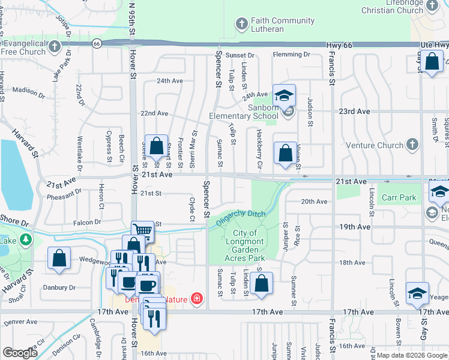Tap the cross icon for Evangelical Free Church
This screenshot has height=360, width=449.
point(55,46)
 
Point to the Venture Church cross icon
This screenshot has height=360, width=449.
point(412,145)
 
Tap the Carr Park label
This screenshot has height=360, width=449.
point(399,197)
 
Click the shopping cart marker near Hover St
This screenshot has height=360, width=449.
point(143,230)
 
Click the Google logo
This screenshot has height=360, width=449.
point(20,353)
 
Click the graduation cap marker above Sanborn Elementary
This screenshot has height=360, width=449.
point(284,95)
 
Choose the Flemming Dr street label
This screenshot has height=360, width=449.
point(291,55)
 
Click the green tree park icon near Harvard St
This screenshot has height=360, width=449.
point(25,240)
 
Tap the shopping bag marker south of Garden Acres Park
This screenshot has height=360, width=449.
point(261,284)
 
